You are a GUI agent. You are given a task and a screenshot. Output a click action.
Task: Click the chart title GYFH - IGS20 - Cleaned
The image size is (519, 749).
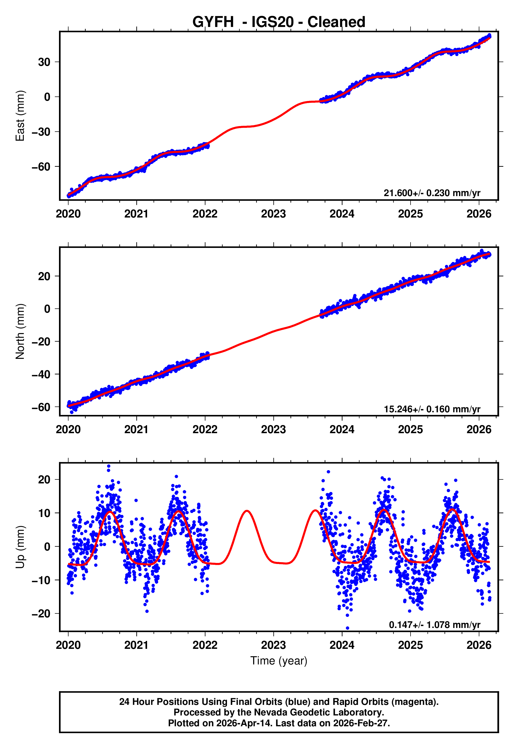(279, 22)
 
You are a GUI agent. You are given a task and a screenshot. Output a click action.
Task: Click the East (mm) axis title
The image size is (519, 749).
(20, 116)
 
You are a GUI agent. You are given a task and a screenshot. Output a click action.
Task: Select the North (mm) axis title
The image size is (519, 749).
(20, 331)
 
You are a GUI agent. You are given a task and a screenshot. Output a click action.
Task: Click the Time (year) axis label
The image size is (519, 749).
(279, 661)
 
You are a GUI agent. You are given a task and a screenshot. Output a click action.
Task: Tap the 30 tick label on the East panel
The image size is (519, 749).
(44, 62)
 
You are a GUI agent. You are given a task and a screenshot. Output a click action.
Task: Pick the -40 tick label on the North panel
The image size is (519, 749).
(41, 374)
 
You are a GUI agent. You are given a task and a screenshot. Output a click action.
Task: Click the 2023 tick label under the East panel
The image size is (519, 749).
(273, 214)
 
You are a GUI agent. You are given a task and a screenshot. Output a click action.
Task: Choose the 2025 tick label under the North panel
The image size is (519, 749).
(410, 430)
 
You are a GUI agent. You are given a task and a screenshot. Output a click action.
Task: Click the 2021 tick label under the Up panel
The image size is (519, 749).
(136, 645)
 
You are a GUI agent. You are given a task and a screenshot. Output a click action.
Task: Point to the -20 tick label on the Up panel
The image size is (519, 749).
(41, 614)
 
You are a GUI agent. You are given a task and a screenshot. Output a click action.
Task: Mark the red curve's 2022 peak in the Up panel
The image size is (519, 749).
(247, 511)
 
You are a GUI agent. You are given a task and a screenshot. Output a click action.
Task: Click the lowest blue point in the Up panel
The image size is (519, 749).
(347, 628)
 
